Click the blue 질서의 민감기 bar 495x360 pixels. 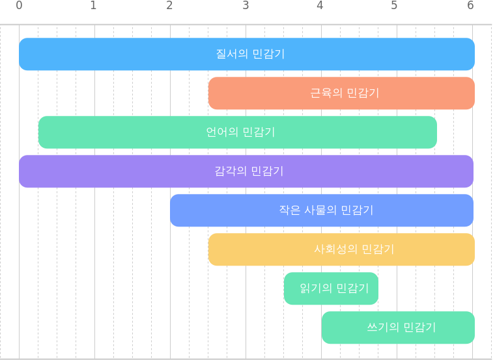coord(247,54)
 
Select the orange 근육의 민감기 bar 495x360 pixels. coord(341,93)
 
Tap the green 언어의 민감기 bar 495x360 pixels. coord(237,132)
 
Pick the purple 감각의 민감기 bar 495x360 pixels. coord(246,171)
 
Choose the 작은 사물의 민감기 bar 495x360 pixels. coord(322,210)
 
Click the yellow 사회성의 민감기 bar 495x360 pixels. coord(341,249)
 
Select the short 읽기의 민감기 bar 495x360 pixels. coord(331,288)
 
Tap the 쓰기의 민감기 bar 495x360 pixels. coord(399,328)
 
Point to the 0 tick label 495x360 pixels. coord(19,5)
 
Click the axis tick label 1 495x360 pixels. coord(93,5)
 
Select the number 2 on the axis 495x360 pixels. coord(169,5)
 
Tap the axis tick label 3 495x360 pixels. coord(246,5)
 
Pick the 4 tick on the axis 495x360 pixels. coord(320,5)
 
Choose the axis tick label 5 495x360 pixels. coord(394,5)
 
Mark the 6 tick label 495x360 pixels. coord(470,5)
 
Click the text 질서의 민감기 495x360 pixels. coord(250,54)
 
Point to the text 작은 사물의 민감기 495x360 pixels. coord(326,210)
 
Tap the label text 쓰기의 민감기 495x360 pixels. coord(401,327)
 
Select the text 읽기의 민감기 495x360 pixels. coord(334,288)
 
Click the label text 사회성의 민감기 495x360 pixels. coord(354,249)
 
